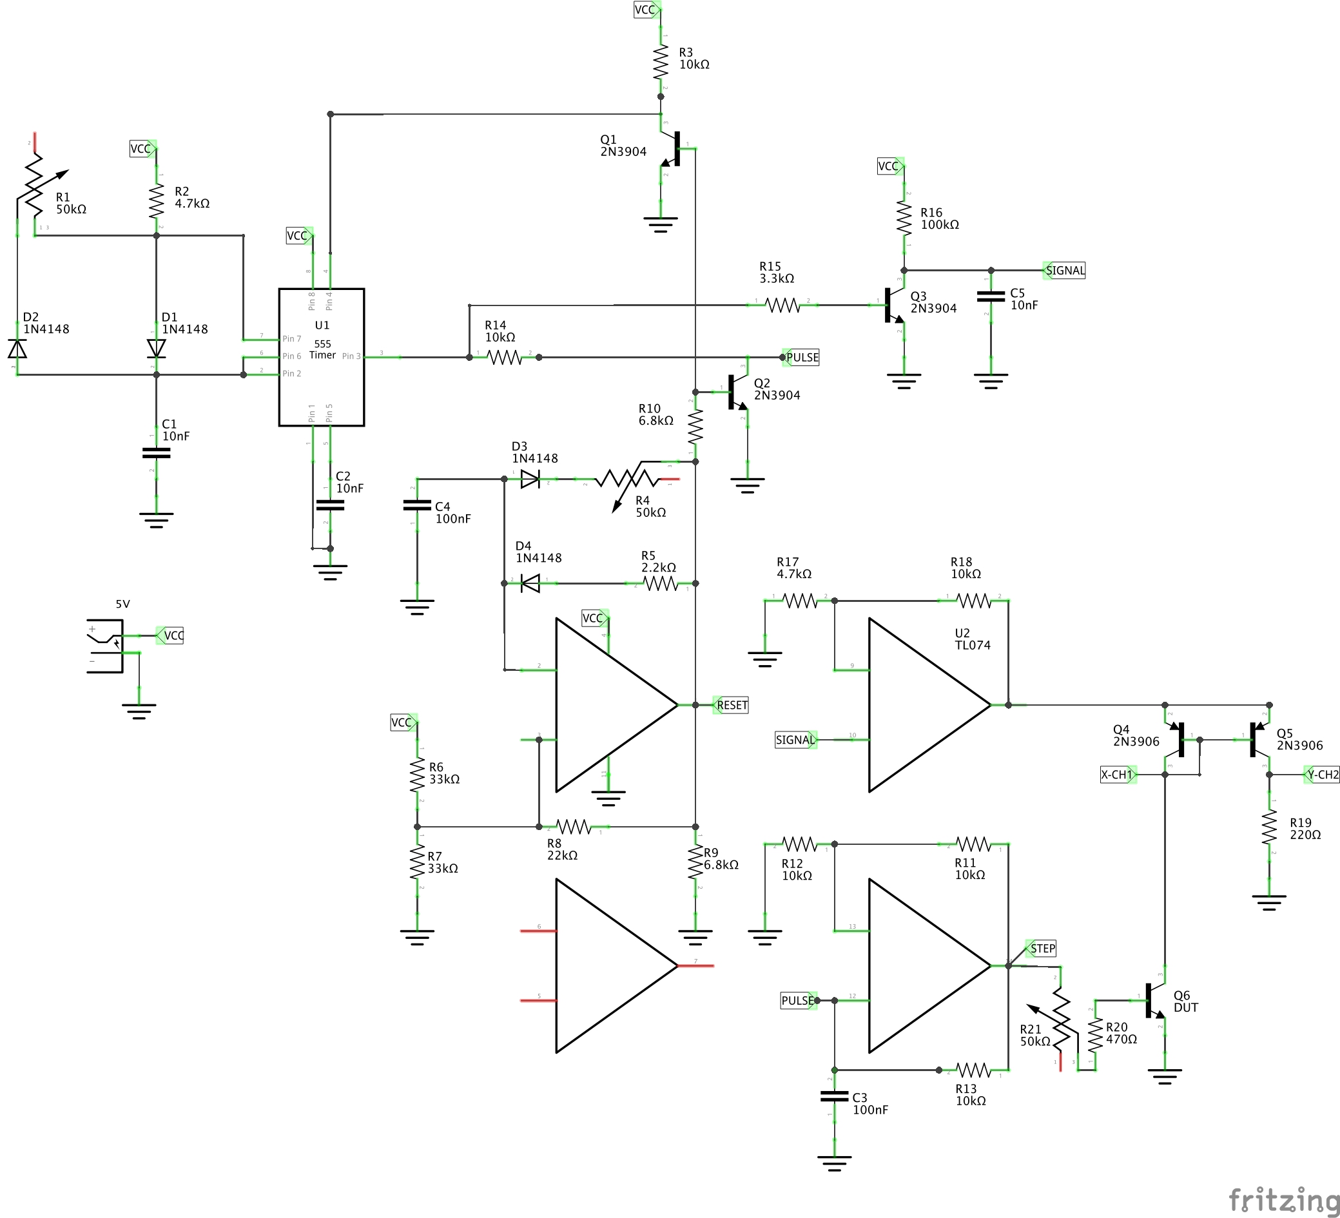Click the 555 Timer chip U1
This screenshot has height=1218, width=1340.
pyautogui.click(x=321, y=357)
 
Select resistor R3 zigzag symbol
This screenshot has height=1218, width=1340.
pyautogui.click(x=660, y=62)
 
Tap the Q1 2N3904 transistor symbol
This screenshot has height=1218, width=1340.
pyautogui.click(x=673, y=149)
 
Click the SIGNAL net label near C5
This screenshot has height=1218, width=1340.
pyautogui.click(x=1064, y=271)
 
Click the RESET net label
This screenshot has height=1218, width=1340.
pyautogui.click(x=731, y=705)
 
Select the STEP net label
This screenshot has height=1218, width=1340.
pyautogui.click(x=1042, y=948)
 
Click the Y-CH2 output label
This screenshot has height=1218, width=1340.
pyautogui.click(x=1321, y=774)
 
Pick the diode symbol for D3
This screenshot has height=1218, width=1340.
pyautogui.click(x=530, y=479)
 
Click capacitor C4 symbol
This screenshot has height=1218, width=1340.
pyautogui.click(x=417, y=506)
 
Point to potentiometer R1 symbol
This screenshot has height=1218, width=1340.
pyautogui.click(x=34, y=186)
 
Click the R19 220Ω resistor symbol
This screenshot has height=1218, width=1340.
pyautogui.click(x=1269, y=827)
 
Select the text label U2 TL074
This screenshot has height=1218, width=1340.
pyautogui.click(x=972, y=639)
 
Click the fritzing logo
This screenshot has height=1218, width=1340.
pyautogui.click(x=1283, y=1200)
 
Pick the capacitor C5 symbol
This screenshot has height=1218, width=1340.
pyautogui.click(x=991, y=296)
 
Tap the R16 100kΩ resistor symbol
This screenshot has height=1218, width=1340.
pyautogui.click(x=904, y=218)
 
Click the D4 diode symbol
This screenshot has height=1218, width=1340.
pyautogui.click(x=530, y=583)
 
